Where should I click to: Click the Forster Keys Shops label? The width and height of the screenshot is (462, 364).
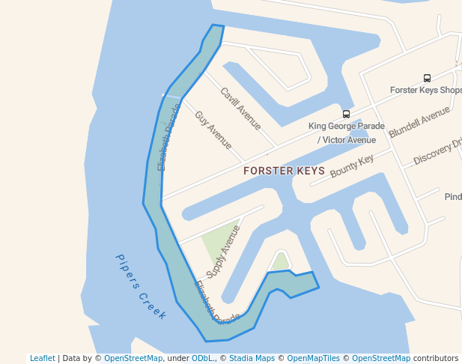tap(425, 90)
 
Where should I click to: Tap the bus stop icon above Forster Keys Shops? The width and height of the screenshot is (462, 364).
tap(427, 78)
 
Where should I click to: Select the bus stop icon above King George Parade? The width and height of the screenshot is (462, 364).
tap(346, 114)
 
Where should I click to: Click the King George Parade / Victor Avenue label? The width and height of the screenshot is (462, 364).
tap(346, 133)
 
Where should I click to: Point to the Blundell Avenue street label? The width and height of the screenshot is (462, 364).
tap(419, 122)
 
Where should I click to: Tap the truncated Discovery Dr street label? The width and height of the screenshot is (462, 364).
tap(437, 150)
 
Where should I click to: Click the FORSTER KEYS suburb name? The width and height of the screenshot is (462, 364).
tap(284, 171)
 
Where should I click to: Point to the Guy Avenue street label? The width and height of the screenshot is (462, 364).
tap(213, 130)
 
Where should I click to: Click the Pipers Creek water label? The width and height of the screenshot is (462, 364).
tap(141, 287)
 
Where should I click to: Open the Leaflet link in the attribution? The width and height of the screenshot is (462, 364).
tap(43, 358)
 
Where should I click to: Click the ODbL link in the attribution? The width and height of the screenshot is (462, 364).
tap(202, 358)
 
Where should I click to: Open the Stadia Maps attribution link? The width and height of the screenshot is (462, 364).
tap(252, 358)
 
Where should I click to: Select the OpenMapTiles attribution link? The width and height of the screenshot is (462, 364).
tap(313, 358)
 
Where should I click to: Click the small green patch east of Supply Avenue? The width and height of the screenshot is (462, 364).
tap(280, 261)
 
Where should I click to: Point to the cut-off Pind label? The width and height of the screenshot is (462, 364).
tap(452, 197)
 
